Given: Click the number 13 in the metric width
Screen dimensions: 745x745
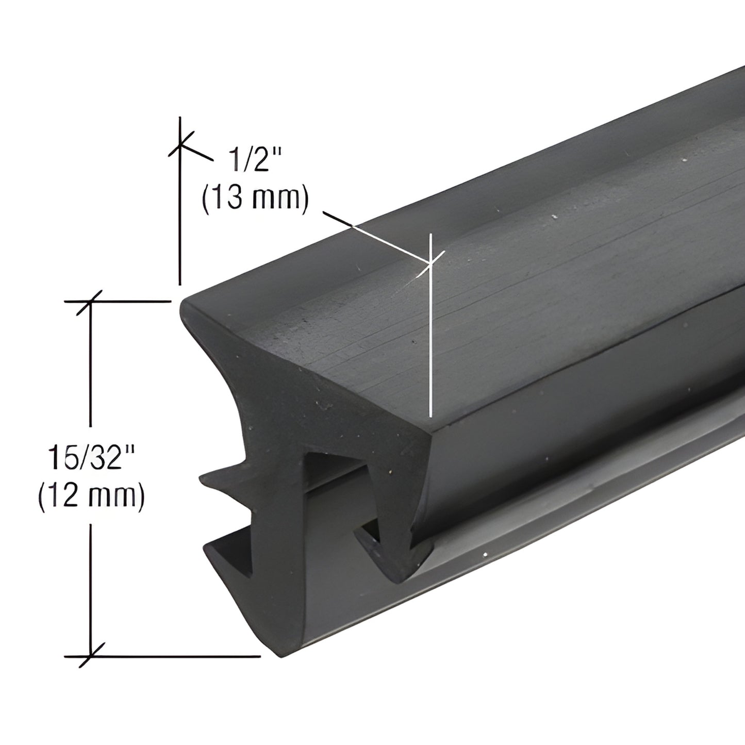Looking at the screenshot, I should (228, 198).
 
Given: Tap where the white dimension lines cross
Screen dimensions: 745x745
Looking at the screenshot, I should (429, 263).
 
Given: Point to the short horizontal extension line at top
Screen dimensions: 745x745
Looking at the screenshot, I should (124, 301).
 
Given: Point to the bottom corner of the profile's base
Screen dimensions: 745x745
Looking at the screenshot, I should (281, 656).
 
